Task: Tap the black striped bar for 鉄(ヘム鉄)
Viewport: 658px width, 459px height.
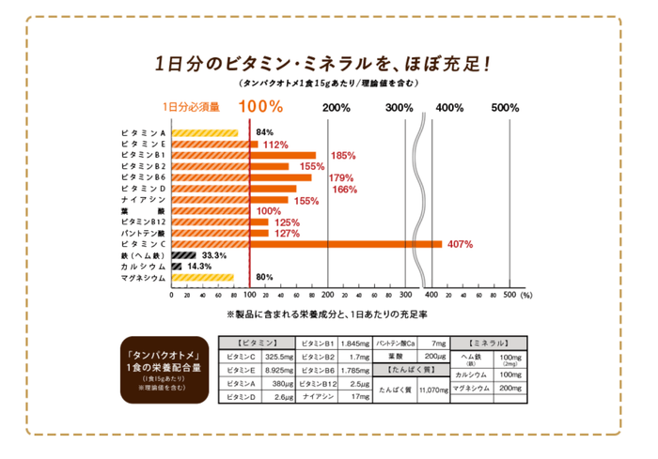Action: [183, 255]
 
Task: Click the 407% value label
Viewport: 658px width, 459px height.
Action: [460, 244]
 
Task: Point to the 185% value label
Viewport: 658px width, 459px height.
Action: [343, 155]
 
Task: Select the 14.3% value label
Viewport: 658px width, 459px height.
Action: [200, 267]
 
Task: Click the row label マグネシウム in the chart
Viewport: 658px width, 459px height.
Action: [143, 278]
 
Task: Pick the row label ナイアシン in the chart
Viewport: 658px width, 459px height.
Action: [143, 200]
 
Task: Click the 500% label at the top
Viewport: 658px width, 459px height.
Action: [505, 108]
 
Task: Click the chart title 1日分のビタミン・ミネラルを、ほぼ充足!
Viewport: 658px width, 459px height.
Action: [325, 65]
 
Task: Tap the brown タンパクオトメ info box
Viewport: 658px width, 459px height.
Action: [156, 370]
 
